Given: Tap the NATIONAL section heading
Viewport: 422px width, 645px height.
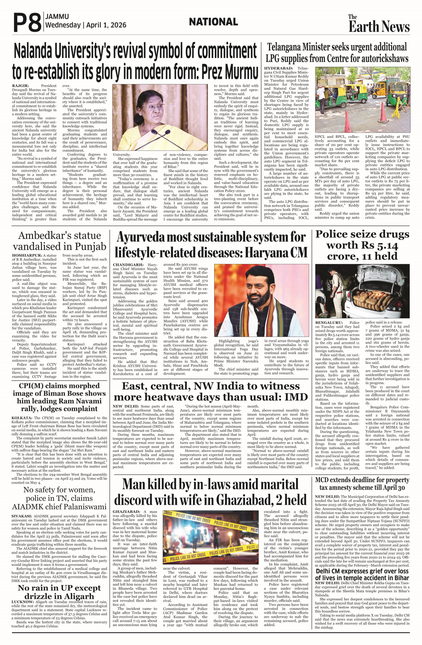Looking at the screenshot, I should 213,22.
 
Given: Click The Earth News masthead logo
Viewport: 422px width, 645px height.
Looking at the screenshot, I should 379,24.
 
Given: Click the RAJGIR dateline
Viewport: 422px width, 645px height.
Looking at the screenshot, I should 20,86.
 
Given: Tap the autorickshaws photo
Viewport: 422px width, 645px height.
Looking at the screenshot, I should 362,100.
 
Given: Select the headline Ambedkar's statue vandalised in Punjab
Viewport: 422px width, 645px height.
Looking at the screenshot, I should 59,241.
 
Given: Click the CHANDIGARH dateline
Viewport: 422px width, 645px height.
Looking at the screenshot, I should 128,265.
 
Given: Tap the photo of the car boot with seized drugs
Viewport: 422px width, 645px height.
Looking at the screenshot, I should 362,291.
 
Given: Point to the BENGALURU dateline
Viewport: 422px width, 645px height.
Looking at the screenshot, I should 329,322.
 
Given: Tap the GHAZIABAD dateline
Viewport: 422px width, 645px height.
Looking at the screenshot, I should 126,512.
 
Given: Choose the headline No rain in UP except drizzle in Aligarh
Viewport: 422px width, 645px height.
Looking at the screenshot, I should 59,592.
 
